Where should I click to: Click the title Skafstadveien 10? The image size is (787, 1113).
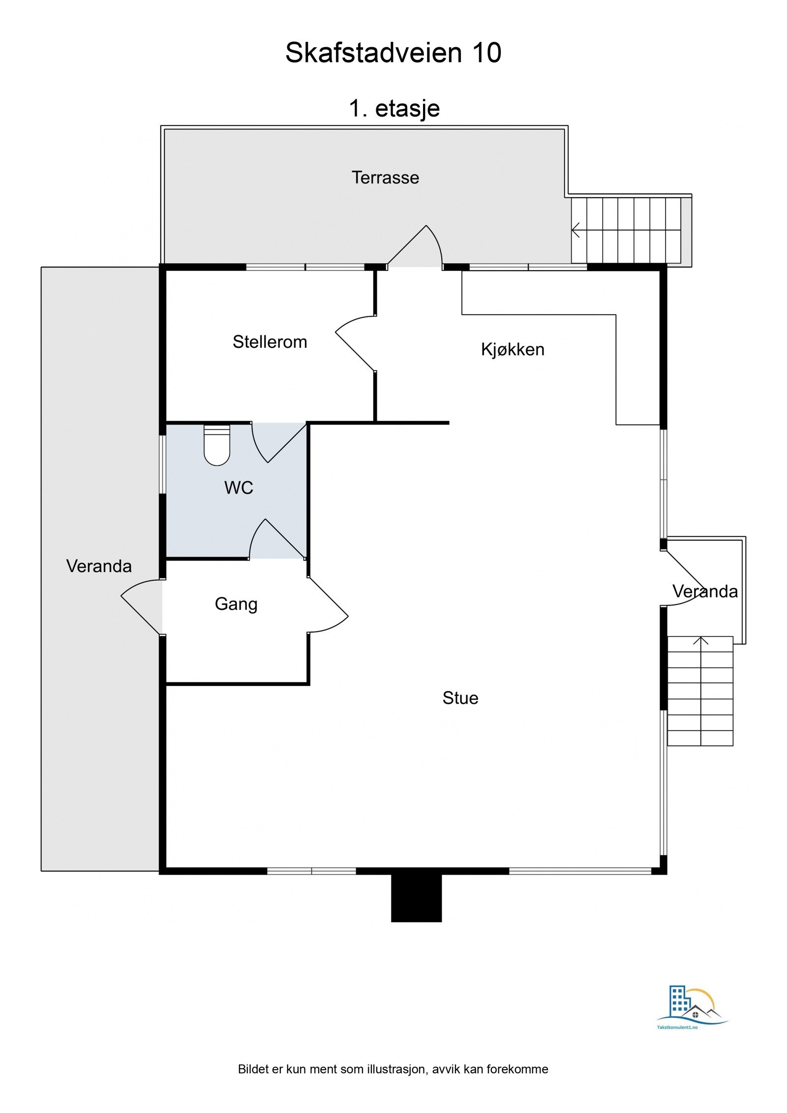pyautogui.click(x=393, y=53)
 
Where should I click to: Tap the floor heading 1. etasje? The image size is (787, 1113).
pyautogui.click(x=394, y=108)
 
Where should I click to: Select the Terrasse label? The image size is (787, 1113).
pyautogui.click(x=385, y=178)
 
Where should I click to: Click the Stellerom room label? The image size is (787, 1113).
pyautogui.click(x=270, y=342)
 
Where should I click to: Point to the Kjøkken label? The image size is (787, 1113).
pyautogui.click(x=513, y=350)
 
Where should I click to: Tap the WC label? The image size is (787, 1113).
pyautogui.click(x=239, y=488)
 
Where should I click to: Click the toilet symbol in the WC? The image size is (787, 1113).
pyautogui.click(x=217, y=445)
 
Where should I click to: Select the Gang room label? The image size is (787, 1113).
pyautogui.click(x=236, y=604)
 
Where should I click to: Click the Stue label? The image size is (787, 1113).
pyautogui.click(x=460, y=698)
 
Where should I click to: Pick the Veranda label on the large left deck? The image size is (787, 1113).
pyautogui.click(x=99, y=566)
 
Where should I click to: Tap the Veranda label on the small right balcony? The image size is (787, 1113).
pyautogui.click(x=705, y=591)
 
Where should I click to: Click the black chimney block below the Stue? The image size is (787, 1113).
pyautogui.click(x=416, y=897)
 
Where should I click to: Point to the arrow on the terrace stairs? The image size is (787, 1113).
pyautogui.click(x=576, y=230)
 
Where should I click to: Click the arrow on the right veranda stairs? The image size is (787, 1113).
pyautogui.click(x=700, y=641)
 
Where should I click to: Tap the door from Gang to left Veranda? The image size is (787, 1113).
pyautogui.click(x=142, y=607)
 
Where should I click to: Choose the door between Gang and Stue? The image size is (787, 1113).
pyautogui.click(x=328, y=605)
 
